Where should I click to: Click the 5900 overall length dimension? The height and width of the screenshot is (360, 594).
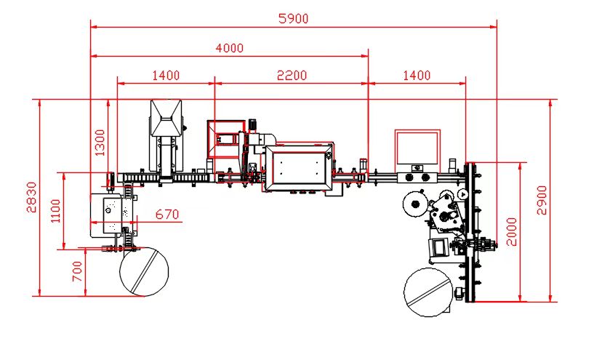point(294,18)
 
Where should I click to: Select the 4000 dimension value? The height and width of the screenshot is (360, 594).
point(230,48)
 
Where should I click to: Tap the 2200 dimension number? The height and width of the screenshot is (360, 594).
point(292,76)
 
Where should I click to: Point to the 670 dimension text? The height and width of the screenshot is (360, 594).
point(167,215)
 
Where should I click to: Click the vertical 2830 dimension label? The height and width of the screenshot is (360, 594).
point(32,197)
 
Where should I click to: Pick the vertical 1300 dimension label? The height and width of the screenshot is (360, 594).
point(100,143)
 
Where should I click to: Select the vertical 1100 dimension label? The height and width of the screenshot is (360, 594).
point(55,211)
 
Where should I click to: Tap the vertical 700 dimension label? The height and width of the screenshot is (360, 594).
point(77,271)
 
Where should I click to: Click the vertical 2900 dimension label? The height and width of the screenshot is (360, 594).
point(542,200)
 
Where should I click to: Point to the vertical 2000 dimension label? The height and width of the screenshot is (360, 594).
point(512,232)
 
